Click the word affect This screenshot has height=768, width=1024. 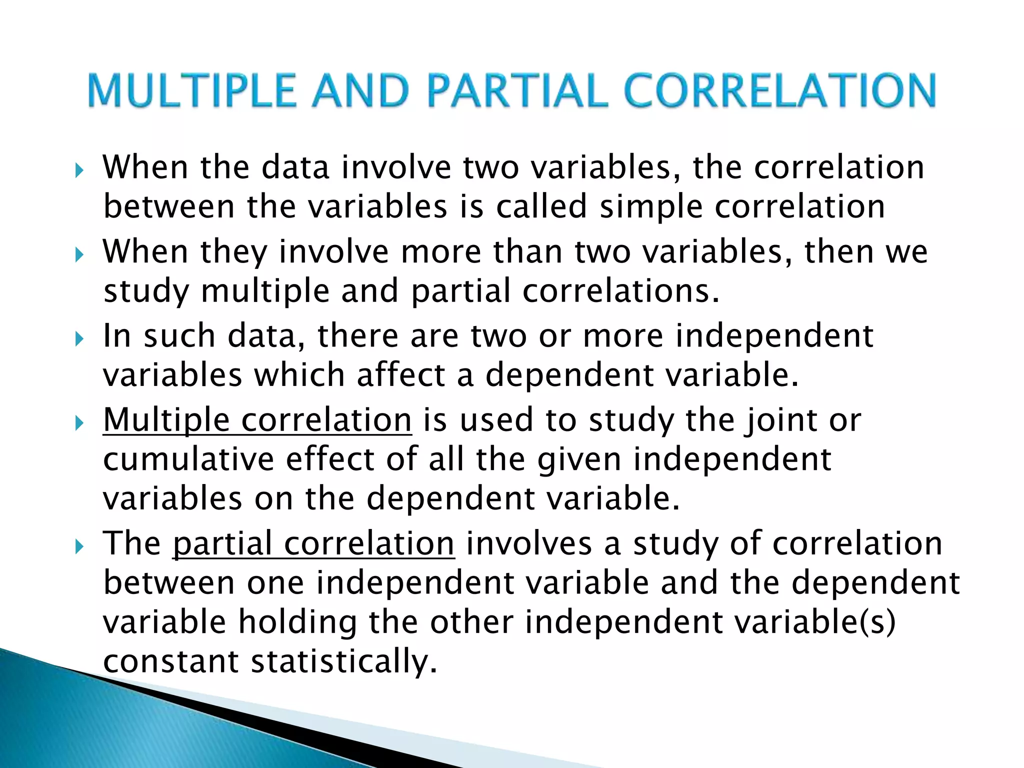(x=400, y=374)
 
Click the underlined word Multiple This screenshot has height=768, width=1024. (x=165, y=420)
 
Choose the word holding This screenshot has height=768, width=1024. (x=297, y=622)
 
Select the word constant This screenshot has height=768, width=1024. (x=170, y=661)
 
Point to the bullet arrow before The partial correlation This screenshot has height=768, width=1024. (x=79, y=547)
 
